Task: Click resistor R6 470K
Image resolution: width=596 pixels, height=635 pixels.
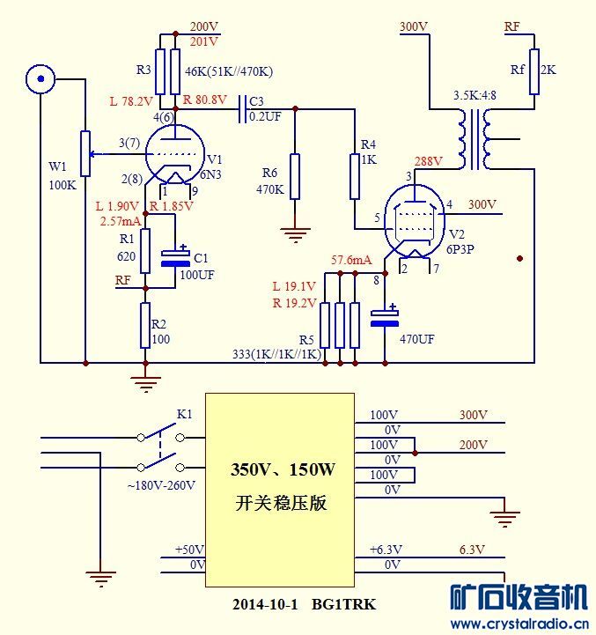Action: (295, 176)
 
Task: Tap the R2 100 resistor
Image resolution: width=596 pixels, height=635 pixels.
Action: (146, 325)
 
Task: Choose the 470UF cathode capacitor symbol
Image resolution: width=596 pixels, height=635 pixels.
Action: (385, 318)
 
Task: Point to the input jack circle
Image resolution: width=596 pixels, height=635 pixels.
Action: (39, 80)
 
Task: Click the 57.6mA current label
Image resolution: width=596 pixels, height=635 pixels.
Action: (351, 261)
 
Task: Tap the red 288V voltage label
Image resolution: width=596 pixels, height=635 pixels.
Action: (430, 162)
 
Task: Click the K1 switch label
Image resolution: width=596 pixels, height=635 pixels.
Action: (184, 413)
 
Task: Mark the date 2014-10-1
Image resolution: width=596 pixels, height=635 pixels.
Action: (266, 604)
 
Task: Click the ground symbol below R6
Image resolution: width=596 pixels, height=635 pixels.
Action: (295, 233)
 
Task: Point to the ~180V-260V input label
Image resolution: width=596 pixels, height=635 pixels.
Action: (162, 485)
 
